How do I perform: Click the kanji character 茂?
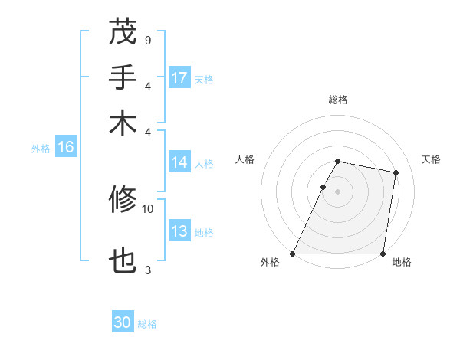pyautogui.click(x=123, y=34)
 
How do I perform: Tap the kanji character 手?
pyautogui.click(x=123, y=78)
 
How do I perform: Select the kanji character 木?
pyautogui.click(x=123, y=123)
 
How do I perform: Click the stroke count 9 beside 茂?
pyautogui.click(x=147, y=40)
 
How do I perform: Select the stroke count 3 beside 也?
pyautogui.click(x=147, y=270)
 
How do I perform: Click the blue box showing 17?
pyautogui.click(x=179, y=78)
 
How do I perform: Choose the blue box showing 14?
pyautogui.click(x=179, y=162)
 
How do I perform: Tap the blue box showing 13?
pyautogui.click(x=179, y=232)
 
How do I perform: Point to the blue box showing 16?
pyautogui.click(x=66, y=148)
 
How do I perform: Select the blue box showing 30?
pyautogui.click(x=123, y=323)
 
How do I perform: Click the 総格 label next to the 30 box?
pyautogui.click(x=147, y=324)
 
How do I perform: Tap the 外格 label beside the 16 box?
pyautogui.click(x=41, y=149)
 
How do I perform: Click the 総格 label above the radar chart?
pyautogui.click(x=337, y=100)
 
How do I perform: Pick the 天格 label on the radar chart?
pyautogui.click(x=432, y=159)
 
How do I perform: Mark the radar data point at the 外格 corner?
pyautogui.click(x=293, y=254)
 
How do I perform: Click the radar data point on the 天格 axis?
pyautogui.click(x=396, y=173)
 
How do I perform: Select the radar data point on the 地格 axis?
pyautogui.click(x=383, y=254)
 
